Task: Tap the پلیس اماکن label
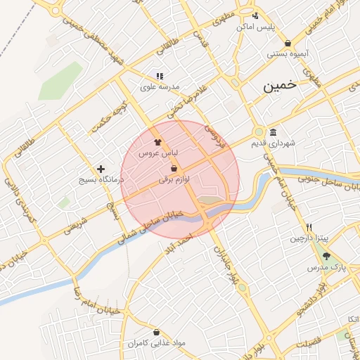tap(255, 27)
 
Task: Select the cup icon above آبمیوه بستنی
tap(288, 42)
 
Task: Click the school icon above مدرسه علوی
tap(160, 76)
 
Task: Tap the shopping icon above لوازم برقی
tap(174, 168)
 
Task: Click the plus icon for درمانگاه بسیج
tap(102, 169)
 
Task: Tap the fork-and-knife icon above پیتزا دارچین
tap(309, 228)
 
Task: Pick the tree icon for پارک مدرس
tap(324, 257)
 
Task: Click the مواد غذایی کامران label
tap(156, 344)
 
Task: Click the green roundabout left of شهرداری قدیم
tap(259, 132)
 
